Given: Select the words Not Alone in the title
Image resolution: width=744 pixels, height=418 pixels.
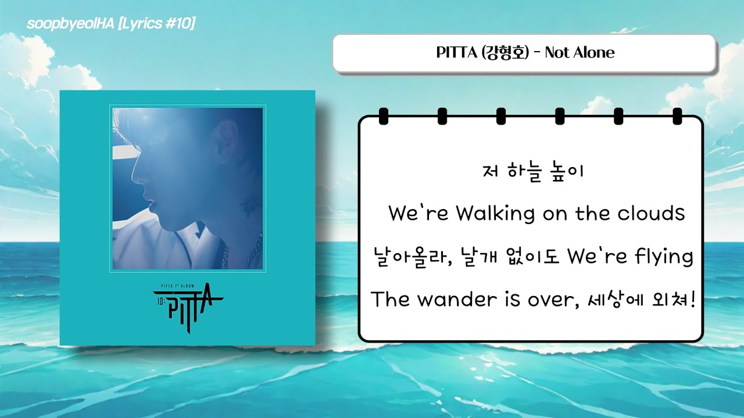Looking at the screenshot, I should pyautogui.click(x=580, y=53).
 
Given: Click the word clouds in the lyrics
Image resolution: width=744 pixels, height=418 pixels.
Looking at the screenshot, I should pyautogui.click(x=651, y=214).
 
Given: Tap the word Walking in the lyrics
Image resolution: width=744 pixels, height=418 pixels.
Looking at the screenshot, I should pyautogui.click(x=495, y=214).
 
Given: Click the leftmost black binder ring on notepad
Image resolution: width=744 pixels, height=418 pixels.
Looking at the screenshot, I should pyautogui.click(x=383, y=116).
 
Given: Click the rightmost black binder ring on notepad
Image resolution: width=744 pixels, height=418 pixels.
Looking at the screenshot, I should pyautogui.click(x=677, y=116).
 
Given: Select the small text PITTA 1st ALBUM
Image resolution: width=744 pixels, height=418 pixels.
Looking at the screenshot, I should pyautogui.click(x=187, y=286).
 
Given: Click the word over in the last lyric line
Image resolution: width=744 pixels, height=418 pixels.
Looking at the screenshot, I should pyautogui.click(x=552, y=300).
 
